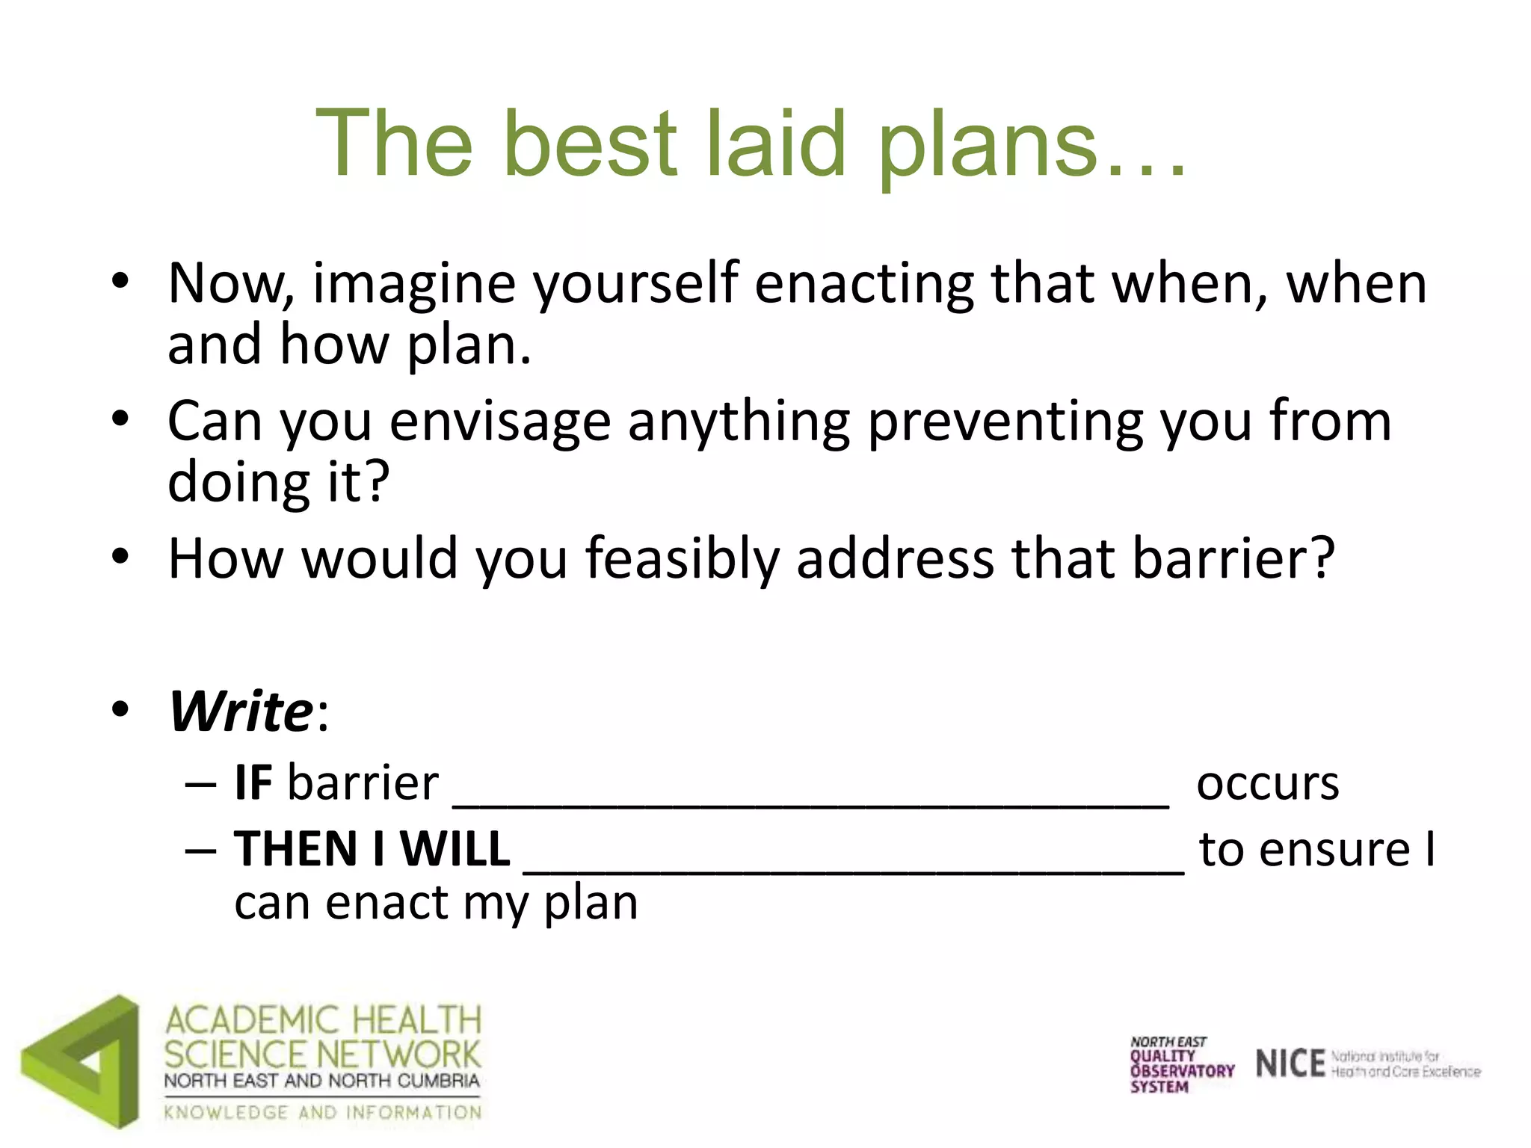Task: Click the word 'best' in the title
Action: pos(591,143)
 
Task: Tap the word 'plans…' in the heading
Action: pos(1030,143)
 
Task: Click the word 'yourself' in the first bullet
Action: pos(635,284)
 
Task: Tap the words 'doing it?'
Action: pos(278,482)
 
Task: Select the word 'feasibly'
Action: pos(682,559)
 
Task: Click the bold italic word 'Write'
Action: pos(241,712)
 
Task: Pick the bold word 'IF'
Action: pos(253,783)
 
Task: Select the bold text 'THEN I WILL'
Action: pos(372,849)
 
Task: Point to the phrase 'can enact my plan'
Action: pos(436,903)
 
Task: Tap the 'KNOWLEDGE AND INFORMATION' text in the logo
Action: pos(323,1113)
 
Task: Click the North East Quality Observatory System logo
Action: pos(1181,1065)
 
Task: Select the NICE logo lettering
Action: pos(1290,1064)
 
